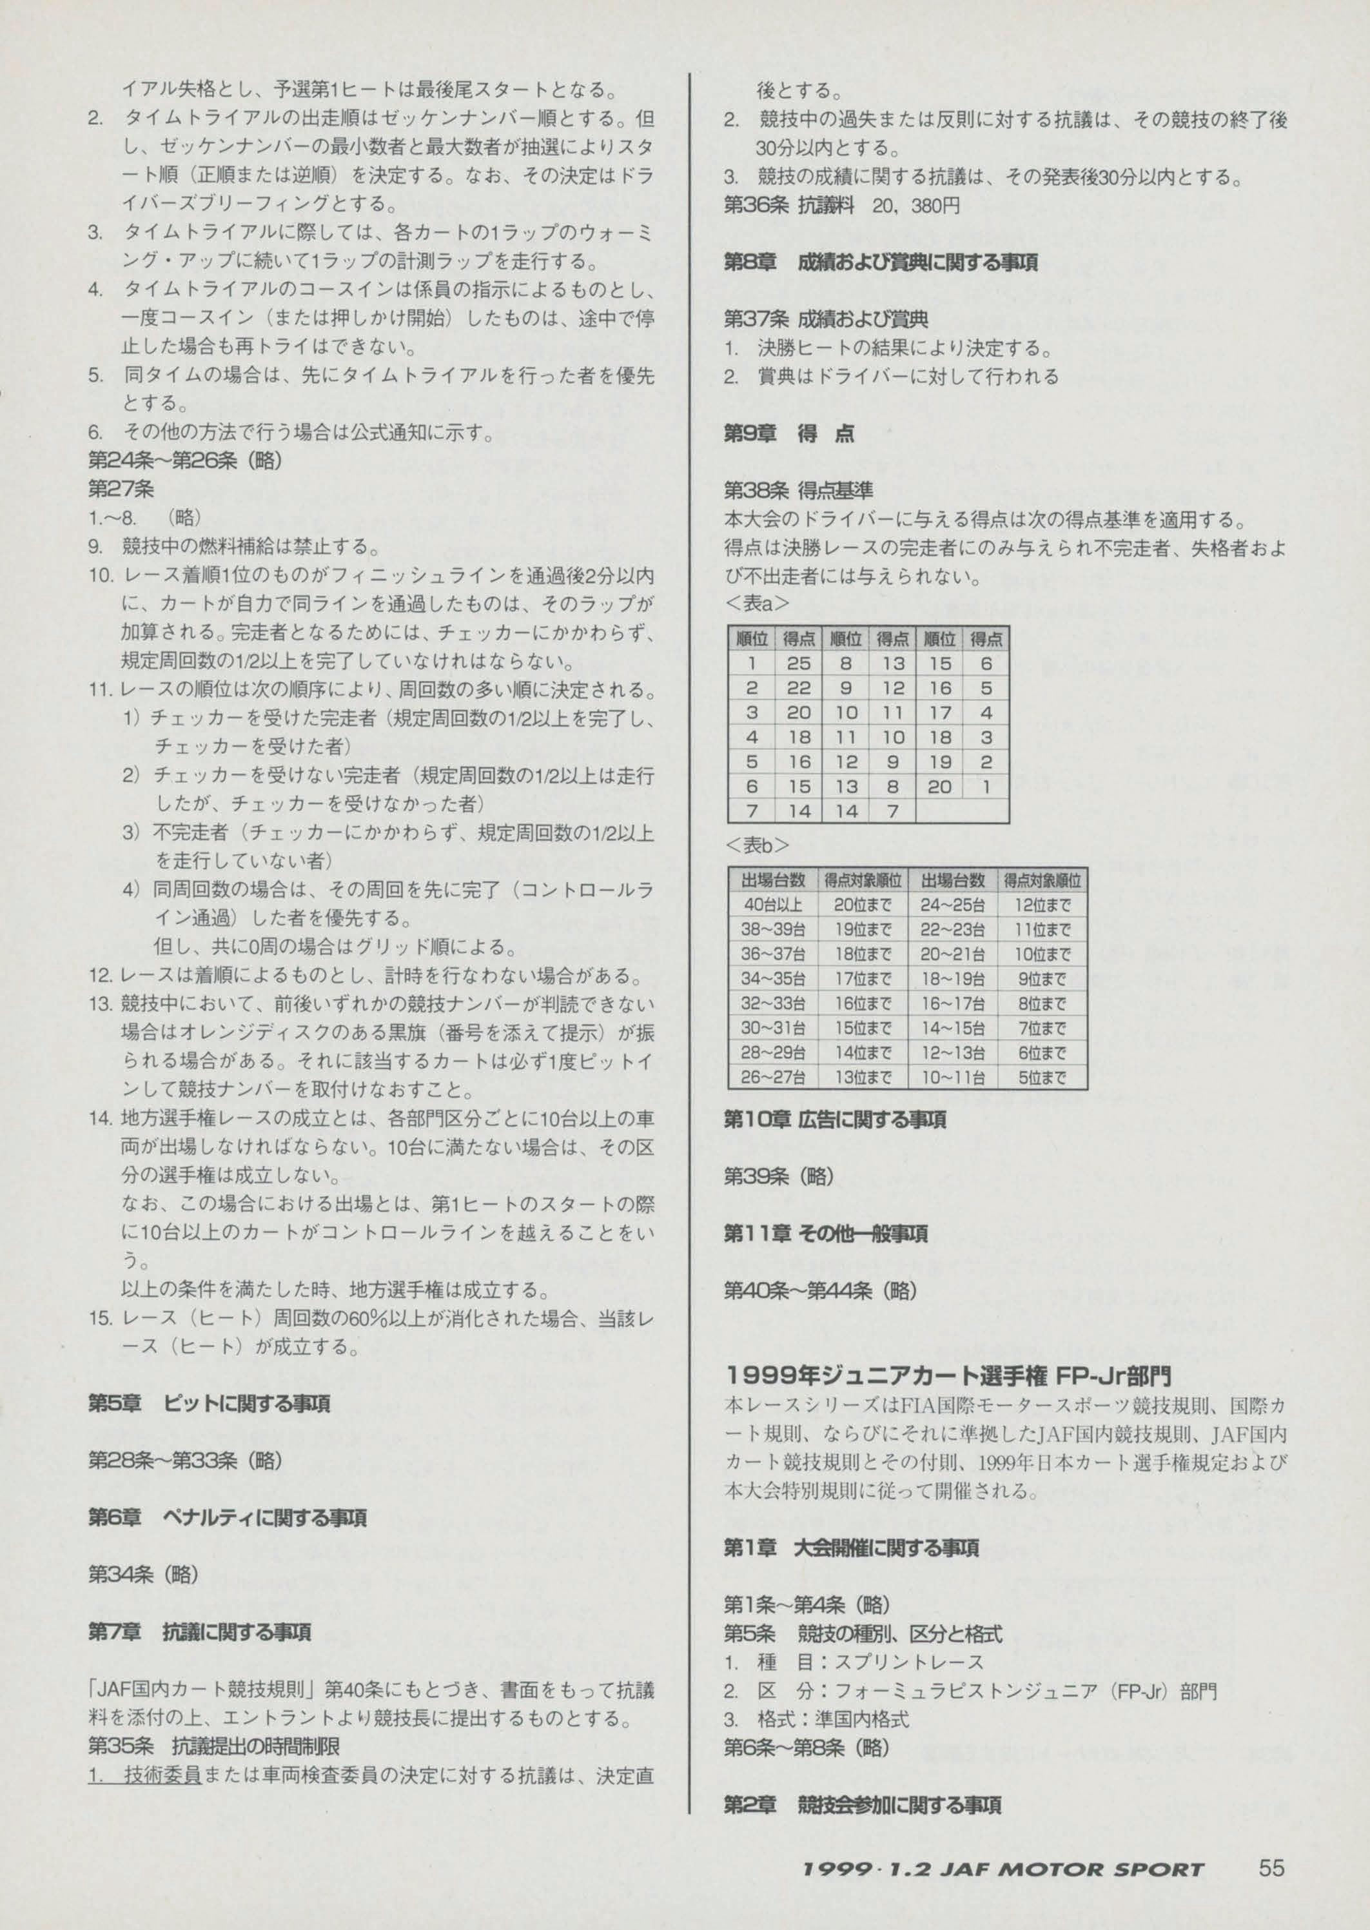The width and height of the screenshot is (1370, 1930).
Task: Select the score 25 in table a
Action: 798,664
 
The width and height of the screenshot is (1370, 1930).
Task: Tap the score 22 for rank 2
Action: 798,688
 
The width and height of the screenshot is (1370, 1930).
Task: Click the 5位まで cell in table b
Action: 1042,1077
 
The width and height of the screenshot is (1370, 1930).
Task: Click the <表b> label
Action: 757,845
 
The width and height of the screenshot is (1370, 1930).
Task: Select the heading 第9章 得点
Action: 788,433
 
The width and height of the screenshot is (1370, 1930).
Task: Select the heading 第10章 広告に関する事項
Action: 834,1120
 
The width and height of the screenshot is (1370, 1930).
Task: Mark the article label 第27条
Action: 121,489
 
